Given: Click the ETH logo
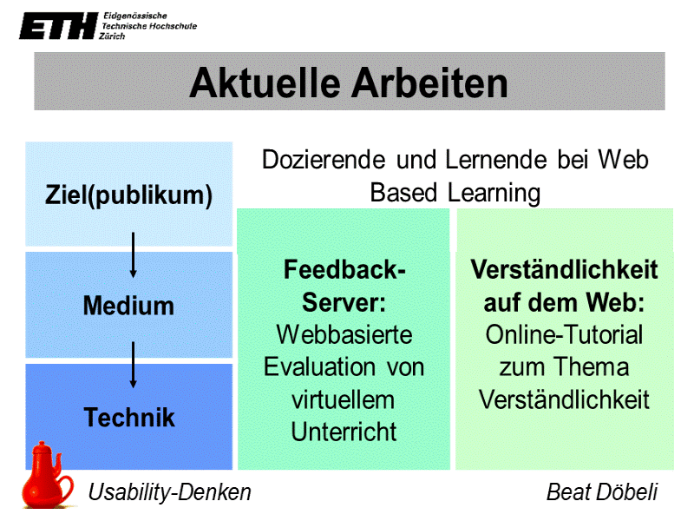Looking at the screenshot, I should click(x=57, y=27).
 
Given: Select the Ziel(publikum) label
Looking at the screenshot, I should click(x=128, y=195).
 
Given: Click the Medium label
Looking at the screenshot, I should click(x=128, y=306).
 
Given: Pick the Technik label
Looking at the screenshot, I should click(x=129, y=418).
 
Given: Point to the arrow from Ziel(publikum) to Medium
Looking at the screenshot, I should click(x=133, y=254).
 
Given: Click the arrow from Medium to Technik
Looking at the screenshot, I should click(x=133, y=364).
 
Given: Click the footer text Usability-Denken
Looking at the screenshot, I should click(x=170, y=492).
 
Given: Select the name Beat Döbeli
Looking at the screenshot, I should click(x=602, y=492).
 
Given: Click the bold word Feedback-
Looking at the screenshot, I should click(x=344, y=270).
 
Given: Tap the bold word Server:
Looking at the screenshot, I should click(x=344, y=302).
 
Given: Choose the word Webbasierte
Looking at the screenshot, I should click(x=344, y=334).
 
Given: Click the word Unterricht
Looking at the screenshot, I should click(x=344, y=432).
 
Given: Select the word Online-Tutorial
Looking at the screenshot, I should click(x=564, y=334).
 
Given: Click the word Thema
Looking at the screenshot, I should click(x=593, y=366).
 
